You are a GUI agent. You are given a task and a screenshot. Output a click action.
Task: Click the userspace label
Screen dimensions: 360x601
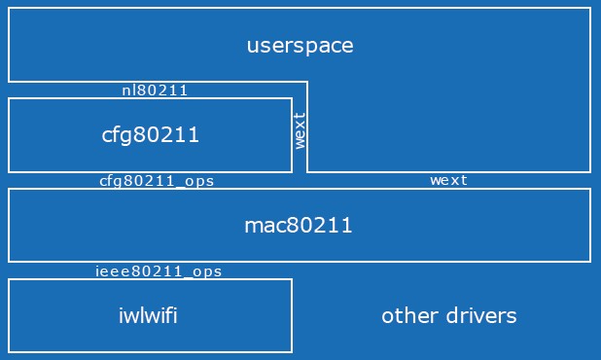click(x=300, y=46)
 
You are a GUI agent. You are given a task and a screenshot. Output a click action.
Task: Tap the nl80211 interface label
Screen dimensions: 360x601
click(x=155, y=90)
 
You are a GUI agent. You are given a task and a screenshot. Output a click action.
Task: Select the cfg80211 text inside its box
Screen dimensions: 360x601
click(x=151, y=135)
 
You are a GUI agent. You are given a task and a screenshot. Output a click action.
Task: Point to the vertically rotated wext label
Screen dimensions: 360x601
click(x=300, y=131)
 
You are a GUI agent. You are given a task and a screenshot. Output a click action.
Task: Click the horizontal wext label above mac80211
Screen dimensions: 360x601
click(x=448, y=180)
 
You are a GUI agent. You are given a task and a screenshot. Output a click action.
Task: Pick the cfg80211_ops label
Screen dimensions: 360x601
click(x=157, y=181)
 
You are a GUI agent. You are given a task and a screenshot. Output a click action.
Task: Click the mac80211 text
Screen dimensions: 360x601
click(x=298, y=226)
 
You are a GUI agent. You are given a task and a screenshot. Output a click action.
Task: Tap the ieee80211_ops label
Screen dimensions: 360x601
click(x=159, y=271)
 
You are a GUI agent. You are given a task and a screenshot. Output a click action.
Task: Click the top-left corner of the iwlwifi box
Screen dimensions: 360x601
click(x=9, y=279)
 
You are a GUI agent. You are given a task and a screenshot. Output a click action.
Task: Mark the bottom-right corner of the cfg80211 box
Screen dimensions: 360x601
click(x=292, y=172)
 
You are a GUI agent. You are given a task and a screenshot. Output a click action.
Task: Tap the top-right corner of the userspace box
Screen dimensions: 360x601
click(x=590, y=9)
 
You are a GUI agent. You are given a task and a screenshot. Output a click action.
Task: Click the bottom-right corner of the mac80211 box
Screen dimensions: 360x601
click(x=590, y=262)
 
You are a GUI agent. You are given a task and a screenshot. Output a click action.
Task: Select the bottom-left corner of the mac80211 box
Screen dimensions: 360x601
click(x=9, y=262)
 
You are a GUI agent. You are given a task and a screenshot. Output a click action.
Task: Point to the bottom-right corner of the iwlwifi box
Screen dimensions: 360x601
click(x=292, y=351)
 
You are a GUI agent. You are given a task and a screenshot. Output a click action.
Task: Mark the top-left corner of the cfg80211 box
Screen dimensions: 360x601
click(x=9, y=98)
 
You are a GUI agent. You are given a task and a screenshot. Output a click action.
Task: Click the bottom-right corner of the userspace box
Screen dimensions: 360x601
click(x=590, y=172)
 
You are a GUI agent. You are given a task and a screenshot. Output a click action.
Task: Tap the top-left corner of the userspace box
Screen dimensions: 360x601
click(x=9, y=9)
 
